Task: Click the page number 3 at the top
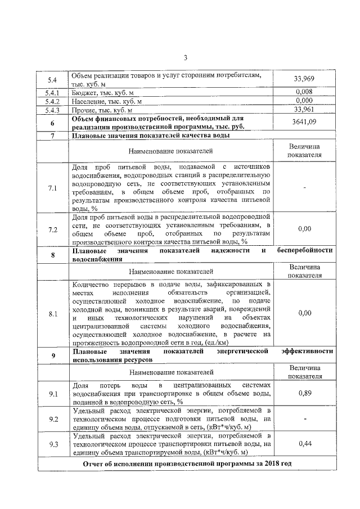pos(184,57)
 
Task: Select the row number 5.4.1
pos(52,92)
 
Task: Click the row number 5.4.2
pos(52,101)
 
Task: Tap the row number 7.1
pos(52,187)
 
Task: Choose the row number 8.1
pos(52,313)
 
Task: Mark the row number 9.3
pos(52,444)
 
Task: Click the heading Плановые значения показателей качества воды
pos(150,136)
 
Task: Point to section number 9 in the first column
pos(52,355)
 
